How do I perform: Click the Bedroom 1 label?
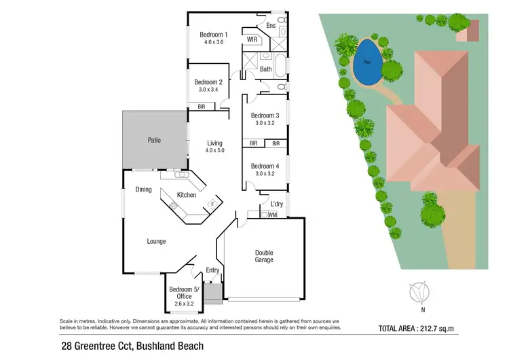pyautogui.click(x=213, y=35)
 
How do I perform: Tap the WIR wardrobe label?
pyautogui.click(x=252, y=40)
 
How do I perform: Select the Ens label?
pyautogui.click(x=270, y=26)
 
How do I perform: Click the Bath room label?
pyautogui.click(x=266, y=69)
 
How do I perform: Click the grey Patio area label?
pyautogui.click(x=154, y=141)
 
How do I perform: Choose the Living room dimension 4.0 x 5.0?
pyautogui.click(x=215, y=151)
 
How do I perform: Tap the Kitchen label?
pyautogui.click(x=186, y=195)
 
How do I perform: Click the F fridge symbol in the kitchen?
pyautogui.click(x=212, y=202)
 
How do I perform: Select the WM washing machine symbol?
pyautogui.click(x=272, y=215)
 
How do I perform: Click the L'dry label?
pyautogui.click(x=276, y=204)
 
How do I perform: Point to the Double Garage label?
pyautogui.click(x=264, y=255)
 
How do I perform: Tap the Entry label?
pyautogui.click(x=213, y=270)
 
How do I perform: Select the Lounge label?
pyautogui.click(x=156, y=241)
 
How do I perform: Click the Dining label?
pyautogui.click(x=143, y=190)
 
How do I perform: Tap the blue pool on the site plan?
pyautogui.click(x=368, y=62)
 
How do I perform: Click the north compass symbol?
pyautogui.click(x=421, y=293)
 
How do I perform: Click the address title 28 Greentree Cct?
pyautogui.click(x=131, y=346)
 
